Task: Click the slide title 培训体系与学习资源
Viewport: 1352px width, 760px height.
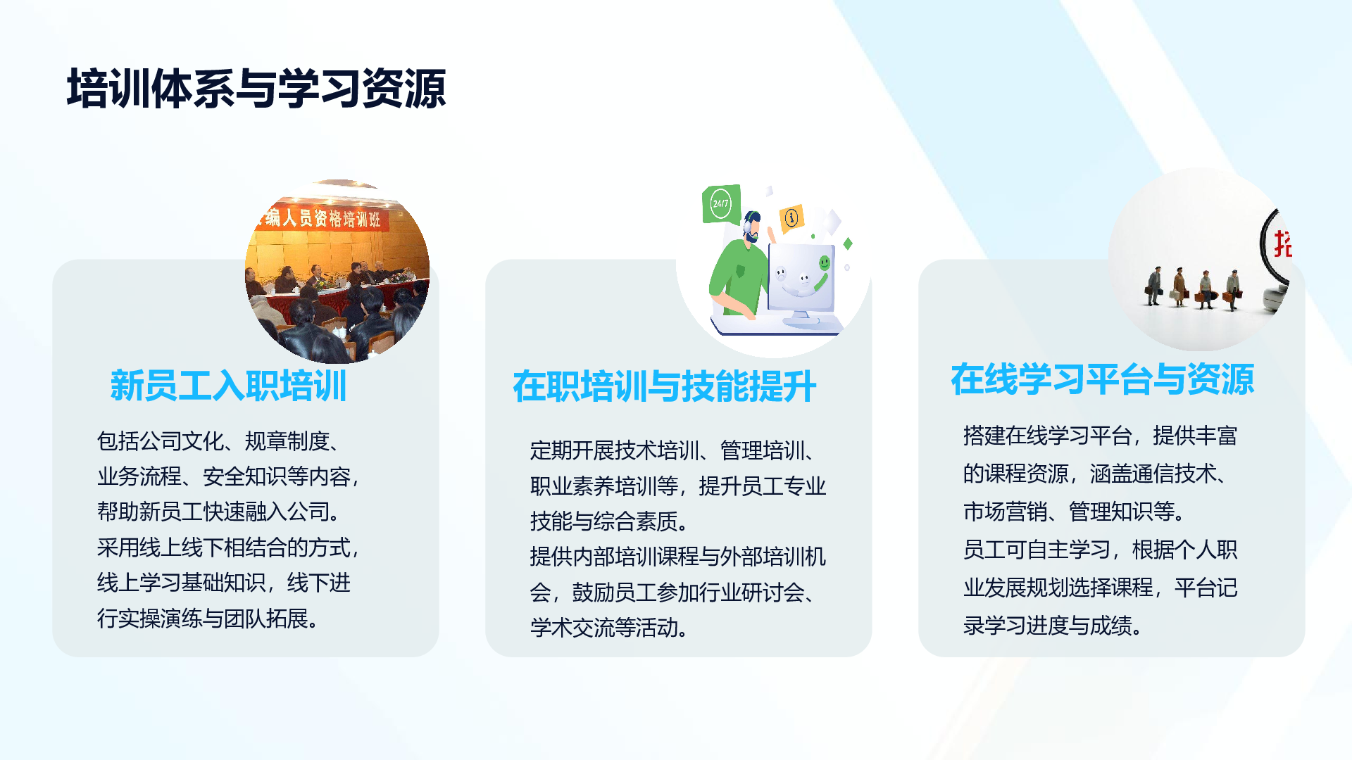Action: pyautogui.click(x=256, y=89)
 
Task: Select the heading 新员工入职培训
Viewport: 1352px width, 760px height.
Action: pyautogui.click(x=228, y=386)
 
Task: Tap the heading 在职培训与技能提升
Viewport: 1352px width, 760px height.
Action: pyautogui.click(x=665, y=386)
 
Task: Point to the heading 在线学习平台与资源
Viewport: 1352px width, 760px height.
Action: pyautogui.click(x=1103, y=379)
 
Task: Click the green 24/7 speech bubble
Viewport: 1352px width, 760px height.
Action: pyautogui.click(x=721, y=204)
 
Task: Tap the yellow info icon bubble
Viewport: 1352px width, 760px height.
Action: pyautogui.click(x=791, y=217)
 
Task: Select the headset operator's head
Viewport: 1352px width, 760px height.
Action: pyautogui.click(x=752, y=226)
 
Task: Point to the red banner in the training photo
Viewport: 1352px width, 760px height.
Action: pyautogui.click(x=320, y=217)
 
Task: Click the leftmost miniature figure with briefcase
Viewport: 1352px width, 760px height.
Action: pyautogui.click(x=1154, y=286)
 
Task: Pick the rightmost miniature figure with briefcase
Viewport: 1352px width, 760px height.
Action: pyautogui.click(x=1232, y=290)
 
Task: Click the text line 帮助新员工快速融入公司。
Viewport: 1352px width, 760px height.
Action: pyautogui.click(x=220, y=512)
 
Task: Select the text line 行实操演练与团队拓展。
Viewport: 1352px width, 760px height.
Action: pyautogui.click(x=209, y=619)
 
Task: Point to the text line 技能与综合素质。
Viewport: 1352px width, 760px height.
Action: pyautogui.click(x=610, y=521)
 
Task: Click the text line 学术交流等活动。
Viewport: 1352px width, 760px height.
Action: pyautogui.click(x=610, y=628)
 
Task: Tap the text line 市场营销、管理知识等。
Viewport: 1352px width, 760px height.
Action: pyautogui.click(x=1075, y=512)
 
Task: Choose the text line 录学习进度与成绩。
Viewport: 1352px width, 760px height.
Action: pyautogui.click(x=1053, y=626)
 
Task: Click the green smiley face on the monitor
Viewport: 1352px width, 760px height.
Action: pyautogui.click(x=824, y=263)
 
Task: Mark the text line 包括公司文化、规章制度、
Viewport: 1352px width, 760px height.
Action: pyautogui.click(x=220, y=441)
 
